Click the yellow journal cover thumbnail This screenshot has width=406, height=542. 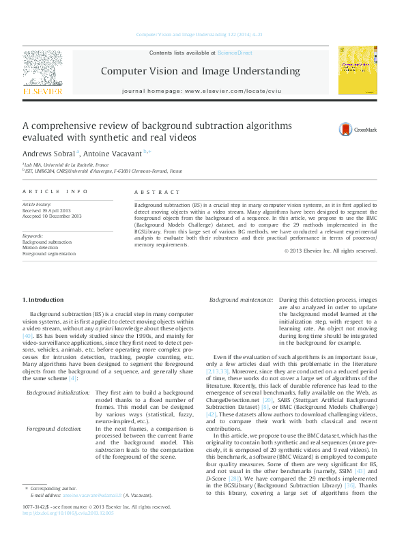tap(358, 70)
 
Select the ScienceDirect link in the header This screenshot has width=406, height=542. tap(235, 53)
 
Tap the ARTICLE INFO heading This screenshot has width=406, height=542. tap(55, 192)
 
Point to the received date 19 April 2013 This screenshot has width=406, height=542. tap(52, 210)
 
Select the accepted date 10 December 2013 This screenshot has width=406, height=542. tap(52, 216)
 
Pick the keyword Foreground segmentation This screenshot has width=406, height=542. tap(49, 253)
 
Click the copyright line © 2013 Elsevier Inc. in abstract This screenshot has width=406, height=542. tap(330, 251)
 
